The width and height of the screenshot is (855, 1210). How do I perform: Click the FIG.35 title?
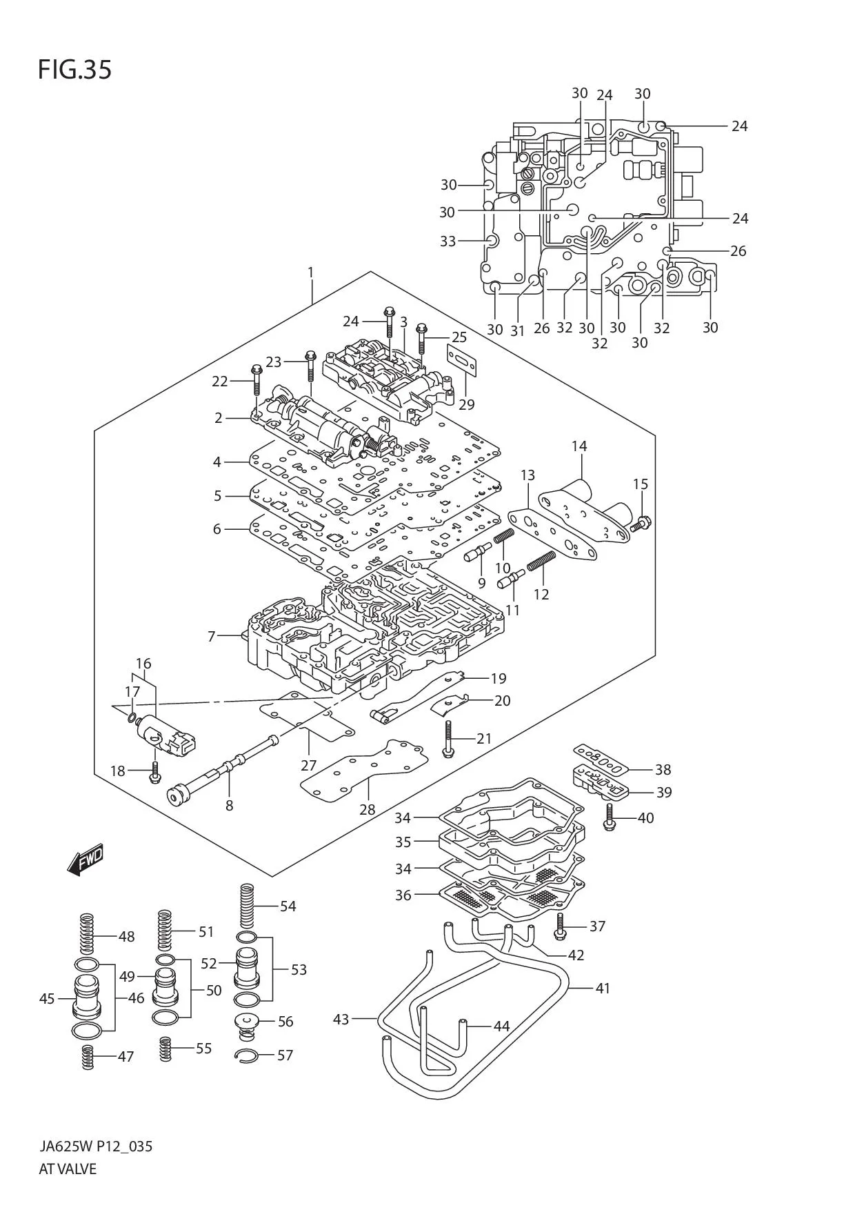(74, 70)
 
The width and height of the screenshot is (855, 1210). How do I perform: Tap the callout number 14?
(579, 446)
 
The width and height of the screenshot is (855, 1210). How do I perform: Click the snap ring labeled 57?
(246, 1055)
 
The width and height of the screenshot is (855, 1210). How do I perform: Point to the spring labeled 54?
(247, 906)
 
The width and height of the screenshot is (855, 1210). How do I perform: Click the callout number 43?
(341, 1019)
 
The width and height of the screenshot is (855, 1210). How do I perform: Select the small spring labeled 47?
(88, 1057)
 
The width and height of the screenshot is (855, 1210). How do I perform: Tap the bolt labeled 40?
(609, 817)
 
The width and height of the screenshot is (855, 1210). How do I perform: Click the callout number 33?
(448, 241)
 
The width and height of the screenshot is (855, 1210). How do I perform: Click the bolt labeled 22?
(256, 384)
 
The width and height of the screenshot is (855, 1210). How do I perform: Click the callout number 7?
(212, 636)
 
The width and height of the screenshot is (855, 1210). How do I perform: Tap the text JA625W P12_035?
(95, 1147)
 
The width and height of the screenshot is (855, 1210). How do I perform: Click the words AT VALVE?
(68, 1169)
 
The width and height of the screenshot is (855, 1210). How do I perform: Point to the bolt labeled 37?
(560, 927)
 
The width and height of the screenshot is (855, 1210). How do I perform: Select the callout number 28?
(367, 809)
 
